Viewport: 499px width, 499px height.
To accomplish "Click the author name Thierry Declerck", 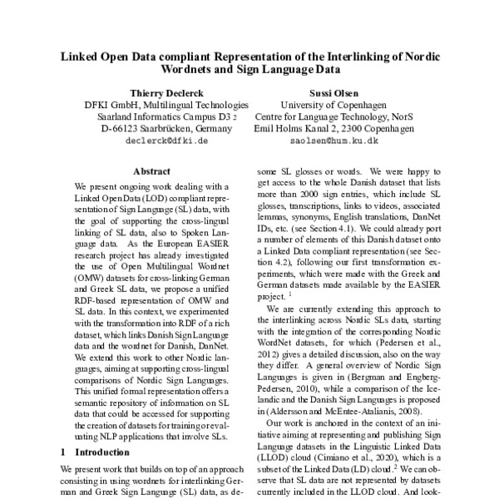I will click(166, 93).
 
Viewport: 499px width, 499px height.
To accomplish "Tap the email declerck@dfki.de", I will click(166, 141).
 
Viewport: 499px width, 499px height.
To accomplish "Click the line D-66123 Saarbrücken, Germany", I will click(166, 130).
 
